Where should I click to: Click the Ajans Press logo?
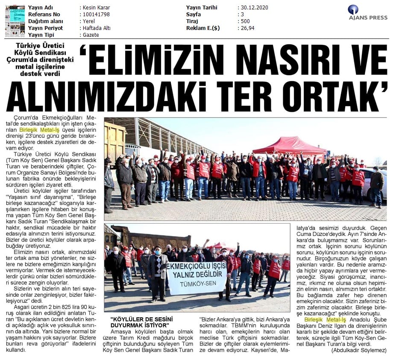367,12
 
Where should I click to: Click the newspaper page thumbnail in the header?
15,21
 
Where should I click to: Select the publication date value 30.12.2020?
255,8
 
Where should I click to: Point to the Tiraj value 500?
245,21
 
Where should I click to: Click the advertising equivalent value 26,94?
247,28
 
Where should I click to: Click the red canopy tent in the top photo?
290,145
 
